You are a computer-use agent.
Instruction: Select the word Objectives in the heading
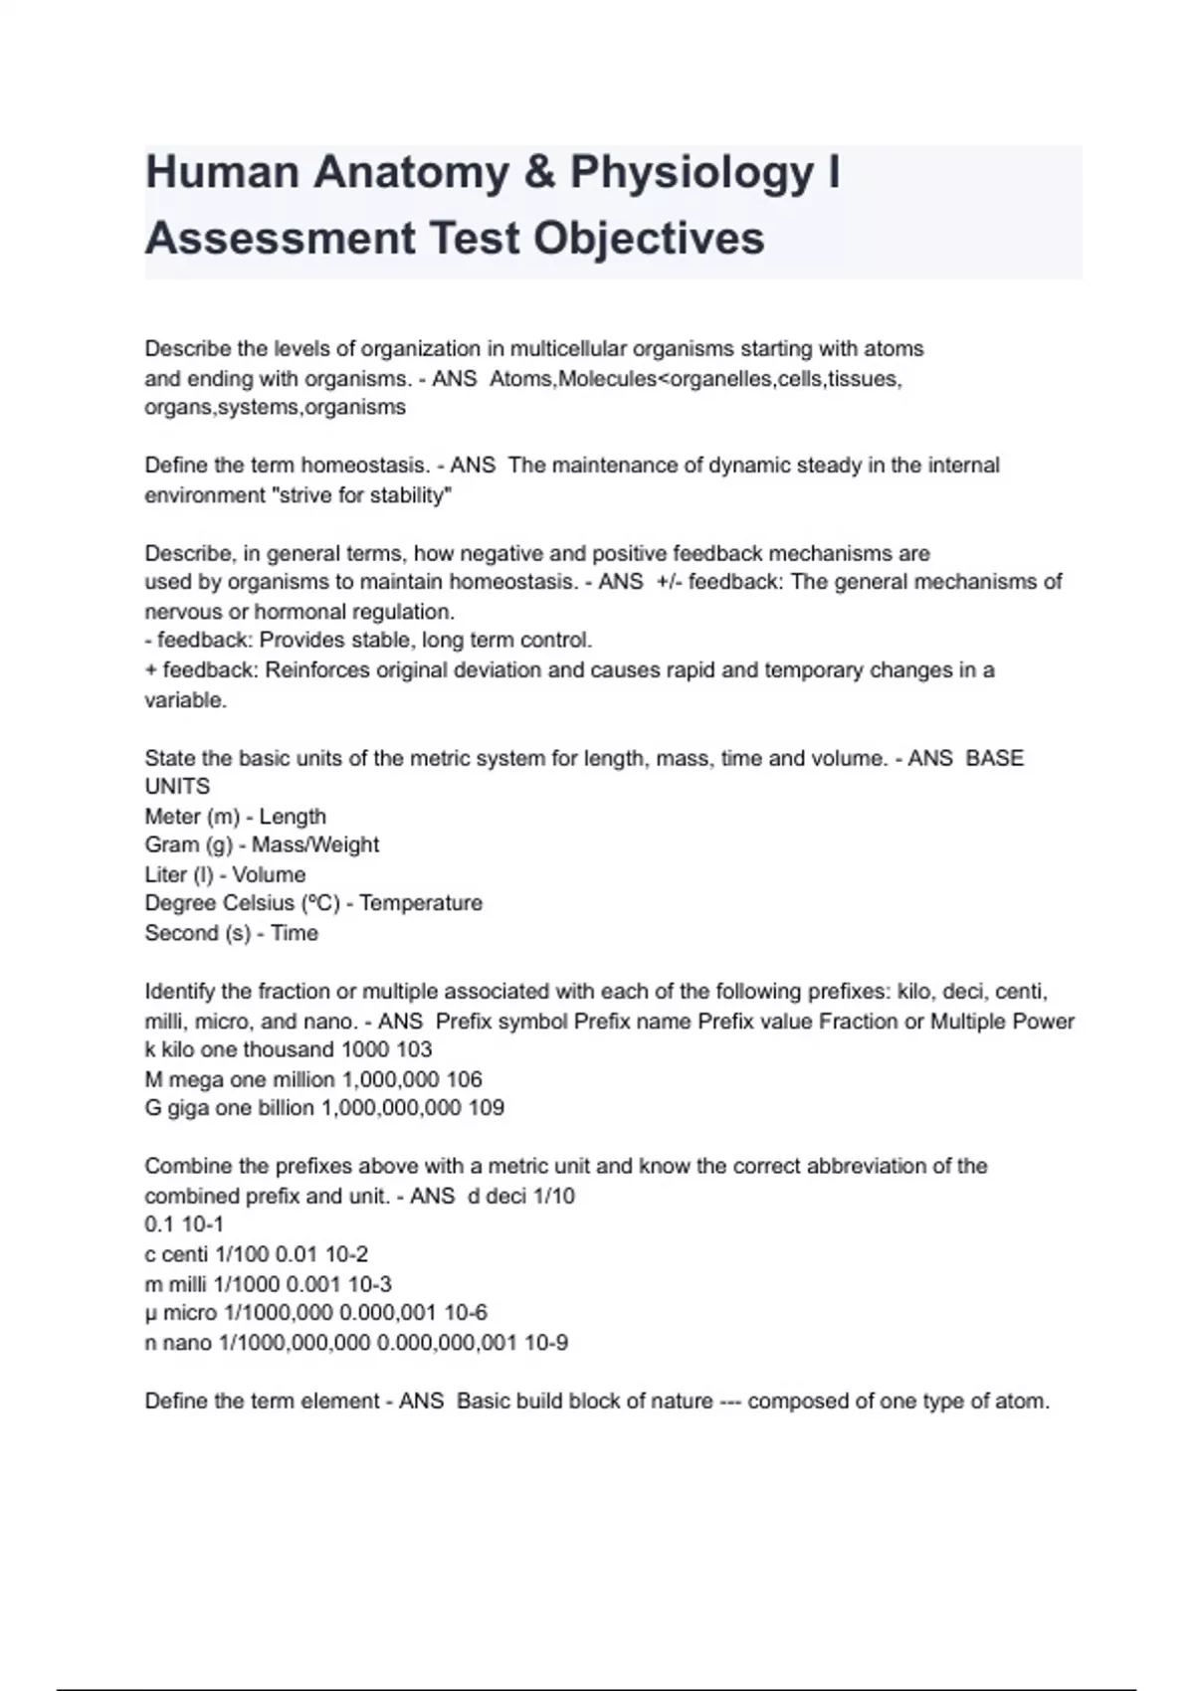(x=649, y=239)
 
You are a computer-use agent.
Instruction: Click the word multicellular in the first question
(x=568, y=349)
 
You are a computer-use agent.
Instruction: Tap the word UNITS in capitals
(x=177, y=787)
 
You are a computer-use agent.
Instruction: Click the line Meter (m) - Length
(x=235, y=817)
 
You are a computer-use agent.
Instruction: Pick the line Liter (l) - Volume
(x=225, y=875)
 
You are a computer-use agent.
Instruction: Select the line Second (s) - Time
(x=231, y=933)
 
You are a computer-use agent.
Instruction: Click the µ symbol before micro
(x=151, y=1314)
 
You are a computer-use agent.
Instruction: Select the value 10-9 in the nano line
(x=546, y=1343)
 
